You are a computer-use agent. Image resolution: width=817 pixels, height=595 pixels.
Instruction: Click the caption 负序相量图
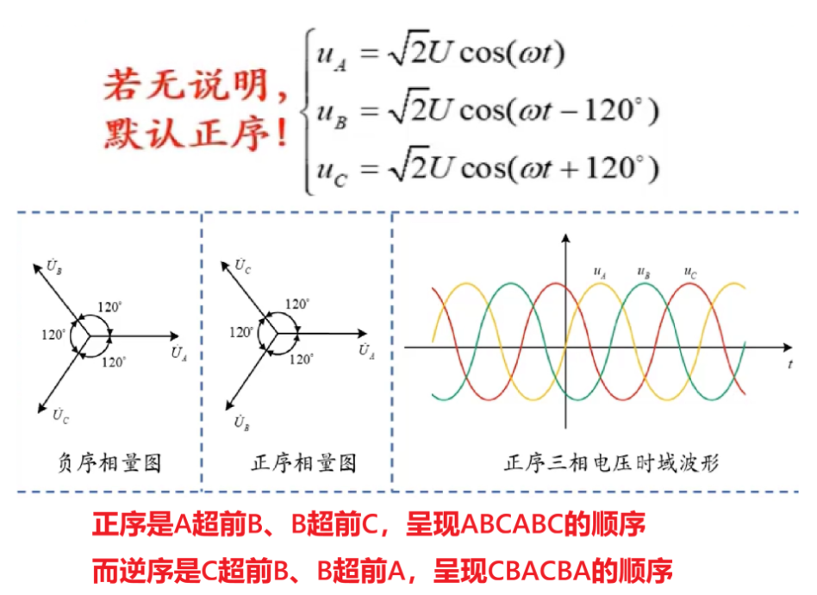[109, 463]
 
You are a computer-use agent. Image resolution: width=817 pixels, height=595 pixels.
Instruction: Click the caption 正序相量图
[303, 463]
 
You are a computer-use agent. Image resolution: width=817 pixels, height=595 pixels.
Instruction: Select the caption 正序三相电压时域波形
[611, 463]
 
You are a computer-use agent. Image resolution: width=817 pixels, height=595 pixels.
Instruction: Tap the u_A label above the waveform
[600, 272]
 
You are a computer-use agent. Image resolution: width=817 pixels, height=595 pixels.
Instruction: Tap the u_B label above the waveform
[644, 272]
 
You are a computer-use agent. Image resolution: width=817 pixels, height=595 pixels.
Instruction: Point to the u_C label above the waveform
[689, 272]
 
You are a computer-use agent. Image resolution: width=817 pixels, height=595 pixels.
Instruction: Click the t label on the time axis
[790, 365]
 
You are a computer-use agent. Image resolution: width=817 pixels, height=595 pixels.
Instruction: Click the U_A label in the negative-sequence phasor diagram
[178, 353]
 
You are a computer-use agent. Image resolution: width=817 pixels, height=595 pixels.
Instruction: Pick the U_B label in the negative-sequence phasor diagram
[54, 266]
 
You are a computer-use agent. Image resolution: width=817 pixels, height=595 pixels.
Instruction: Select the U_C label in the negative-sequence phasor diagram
[60, 416]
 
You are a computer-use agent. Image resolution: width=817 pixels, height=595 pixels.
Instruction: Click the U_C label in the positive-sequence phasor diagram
[242, 266]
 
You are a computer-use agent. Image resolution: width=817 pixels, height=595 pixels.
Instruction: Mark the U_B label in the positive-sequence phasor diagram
[241, 423]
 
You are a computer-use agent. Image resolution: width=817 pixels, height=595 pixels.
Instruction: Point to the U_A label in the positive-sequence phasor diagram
[367, 350]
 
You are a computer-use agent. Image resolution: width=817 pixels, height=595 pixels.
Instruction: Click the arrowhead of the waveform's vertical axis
[566, 238]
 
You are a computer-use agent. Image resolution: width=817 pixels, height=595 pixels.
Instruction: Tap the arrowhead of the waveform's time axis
[788, 348]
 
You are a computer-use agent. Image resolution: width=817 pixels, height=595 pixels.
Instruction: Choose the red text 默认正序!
[196, 135]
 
